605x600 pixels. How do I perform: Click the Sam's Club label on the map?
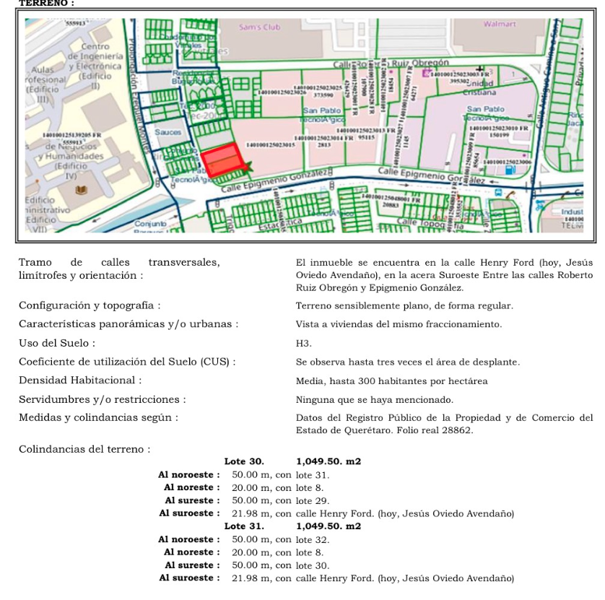tap(259, 27)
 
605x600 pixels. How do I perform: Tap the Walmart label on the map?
tap(500, 24)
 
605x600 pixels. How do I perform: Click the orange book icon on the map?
tap(82, 191)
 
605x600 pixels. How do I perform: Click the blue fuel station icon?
tap(512, 170)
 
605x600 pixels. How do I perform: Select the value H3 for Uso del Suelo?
tap(302, 343)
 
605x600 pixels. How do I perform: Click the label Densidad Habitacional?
tap(80, 381)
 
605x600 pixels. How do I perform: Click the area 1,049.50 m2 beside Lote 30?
tap(328, 461)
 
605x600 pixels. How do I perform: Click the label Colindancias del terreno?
tap(84, 449)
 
